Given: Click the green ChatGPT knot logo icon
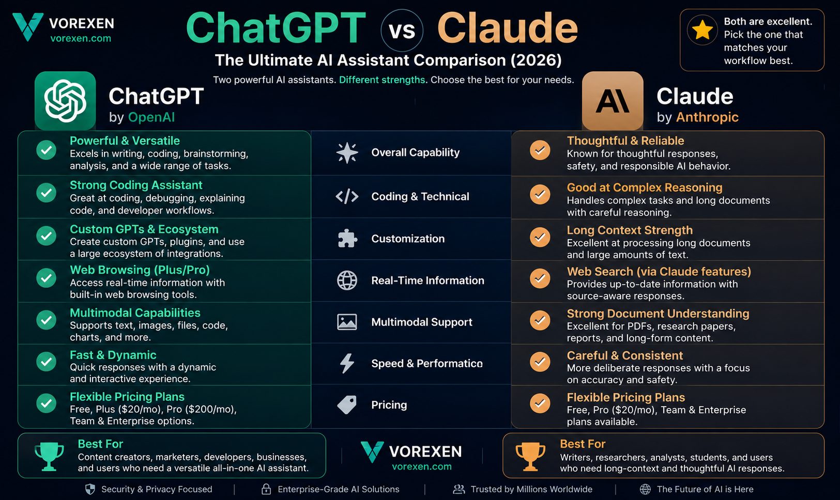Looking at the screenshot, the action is tap(65, 101).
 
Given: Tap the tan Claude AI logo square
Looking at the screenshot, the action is tap(613, 101).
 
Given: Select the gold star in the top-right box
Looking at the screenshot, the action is tap(702, 30).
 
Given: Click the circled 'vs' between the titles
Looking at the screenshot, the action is tap(402, 30).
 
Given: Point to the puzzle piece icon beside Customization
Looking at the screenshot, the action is tap(347, 239).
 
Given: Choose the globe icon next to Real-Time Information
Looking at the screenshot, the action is tap(347, 280).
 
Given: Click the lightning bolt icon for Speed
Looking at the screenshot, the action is tap(347, 363).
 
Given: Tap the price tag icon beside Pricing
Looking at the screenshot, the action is tap(347, 405).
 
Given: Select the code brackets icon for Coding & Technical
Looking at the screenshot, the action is tap(347, 196).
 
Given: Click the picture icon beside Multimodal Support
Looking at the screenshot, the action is tap(347, 322).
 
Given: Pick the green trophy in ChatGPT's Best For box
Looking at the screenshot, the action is tap(49, 456).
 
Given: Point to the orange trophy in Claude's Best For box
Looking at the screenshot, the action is tap(530, 457).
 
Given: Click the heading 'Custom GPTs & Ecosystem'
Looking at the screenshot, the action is tap(144, 229).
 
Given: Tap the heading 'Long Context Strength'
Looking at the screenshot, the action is tap(630, 230).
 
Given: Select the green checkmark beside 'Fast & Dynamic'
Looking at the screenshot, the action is tap(47, 362).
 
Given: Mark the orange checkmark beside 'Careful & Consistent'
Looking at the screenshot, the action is tap(540, 362).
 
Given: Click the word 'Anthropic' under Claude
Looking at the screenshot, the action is tap(707, 117).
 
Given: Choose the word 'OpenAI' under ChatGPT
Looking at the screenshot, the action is tap(151, 117).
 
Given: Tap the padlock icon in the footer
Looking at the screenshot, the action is tap(266, 489).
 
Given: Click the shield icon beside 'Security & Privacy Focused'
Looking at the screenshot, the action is tap(90, 489).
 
